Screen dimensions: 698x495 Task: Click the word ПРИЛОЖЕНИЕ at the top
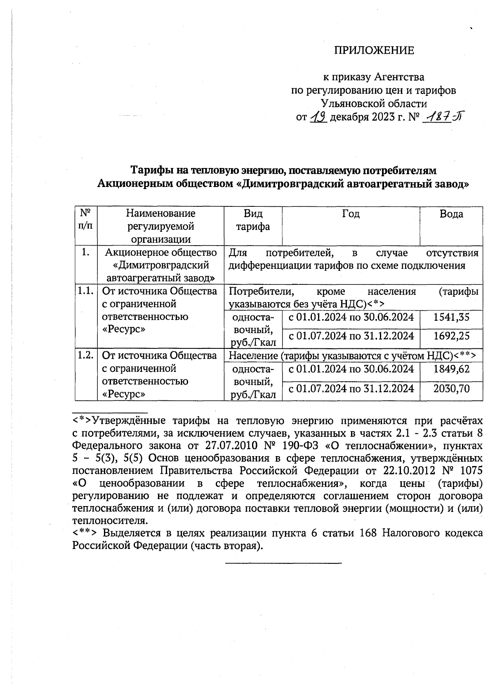click(373, 50)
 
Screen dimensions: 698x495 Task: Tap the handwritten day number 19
click(318, 118)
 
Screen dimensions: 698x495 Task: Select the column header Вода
click(451, 214)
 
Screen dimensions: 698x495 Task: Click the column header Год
click(351, 214)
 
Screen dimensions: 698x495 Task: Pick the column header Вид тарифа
click(252, 220)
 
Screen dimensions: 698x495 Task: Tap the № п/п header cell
click(85, 220)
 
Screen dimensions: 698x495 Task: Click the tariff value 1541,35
click(451, 317)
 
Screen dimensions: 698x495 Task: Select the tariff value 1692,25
click(451, 336)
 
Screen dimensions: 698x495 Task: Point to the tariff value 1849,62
click(451, 369)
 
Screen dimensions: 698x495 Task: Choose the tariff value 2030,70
click(451, 388)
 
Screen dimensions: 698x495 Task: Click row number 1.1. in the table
click(85, 291)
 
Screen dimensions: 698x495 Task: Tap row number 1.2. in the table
click(85, 355)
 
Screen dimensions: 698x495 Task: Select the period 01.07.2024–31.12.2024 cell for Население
click(351, 388)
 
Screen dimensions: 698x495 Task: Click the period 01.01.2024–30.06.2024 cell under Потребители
click(351, 317)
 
